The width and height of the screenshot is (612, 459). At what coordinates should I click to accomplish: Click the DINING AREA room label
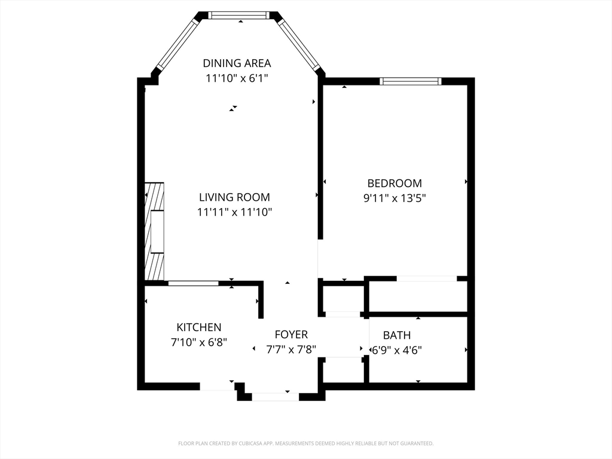pos(237,63)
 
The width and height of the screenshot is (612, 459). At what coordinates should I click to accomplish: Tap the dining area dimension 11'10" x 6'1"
pos(237,78)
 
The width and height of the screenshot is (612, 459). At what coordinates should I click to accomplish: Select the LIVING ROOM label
pos(234,197)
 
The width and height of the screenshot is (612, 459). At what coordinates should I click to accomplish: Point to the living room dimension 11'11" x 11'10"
pos(234,212)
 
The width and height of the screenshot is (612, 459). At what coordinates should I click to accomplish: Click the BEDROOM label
pos(394,183)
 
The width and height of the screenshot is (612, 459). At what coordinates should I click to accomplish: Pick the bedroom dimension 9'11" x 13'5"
pos(394,198)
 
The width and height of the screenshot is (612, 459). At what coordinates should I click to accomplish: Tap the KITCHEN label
pos(199,327)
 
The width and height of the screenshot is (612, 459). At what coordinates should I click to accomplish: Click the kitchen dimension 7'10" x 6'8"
pos(199,342)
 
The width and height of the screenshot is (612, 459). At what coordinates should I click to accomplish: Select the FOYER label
pos(291,335)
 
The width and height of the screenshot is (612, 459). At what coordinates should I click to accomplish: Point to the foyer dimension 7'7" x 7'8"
pos(291,349)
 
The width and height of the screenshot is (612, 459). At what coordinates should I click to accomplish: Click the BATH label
pos(397,335)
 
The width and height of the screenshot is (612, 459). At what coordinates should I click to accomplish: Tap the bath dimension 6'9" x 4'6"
pos(397,350)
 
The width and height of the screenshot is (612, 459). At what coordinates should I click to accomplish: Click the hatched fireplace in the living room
pos(154,231)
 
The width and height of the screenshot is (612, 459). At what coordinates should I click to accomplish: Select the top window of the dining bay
pos(238,15)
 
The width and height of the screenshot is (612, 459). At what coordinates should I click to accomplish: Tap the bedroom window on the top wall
pos(411,81)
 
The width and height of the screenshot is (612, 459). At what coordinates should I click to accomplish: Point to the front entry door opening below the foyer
pos(275,397)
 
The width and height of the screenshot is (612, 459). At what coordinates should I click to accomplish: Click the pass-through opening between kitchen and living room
pos(193,283)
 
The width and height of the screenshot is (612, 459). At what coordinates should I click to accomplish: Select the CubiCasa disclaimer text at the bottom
pos(306,443)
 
